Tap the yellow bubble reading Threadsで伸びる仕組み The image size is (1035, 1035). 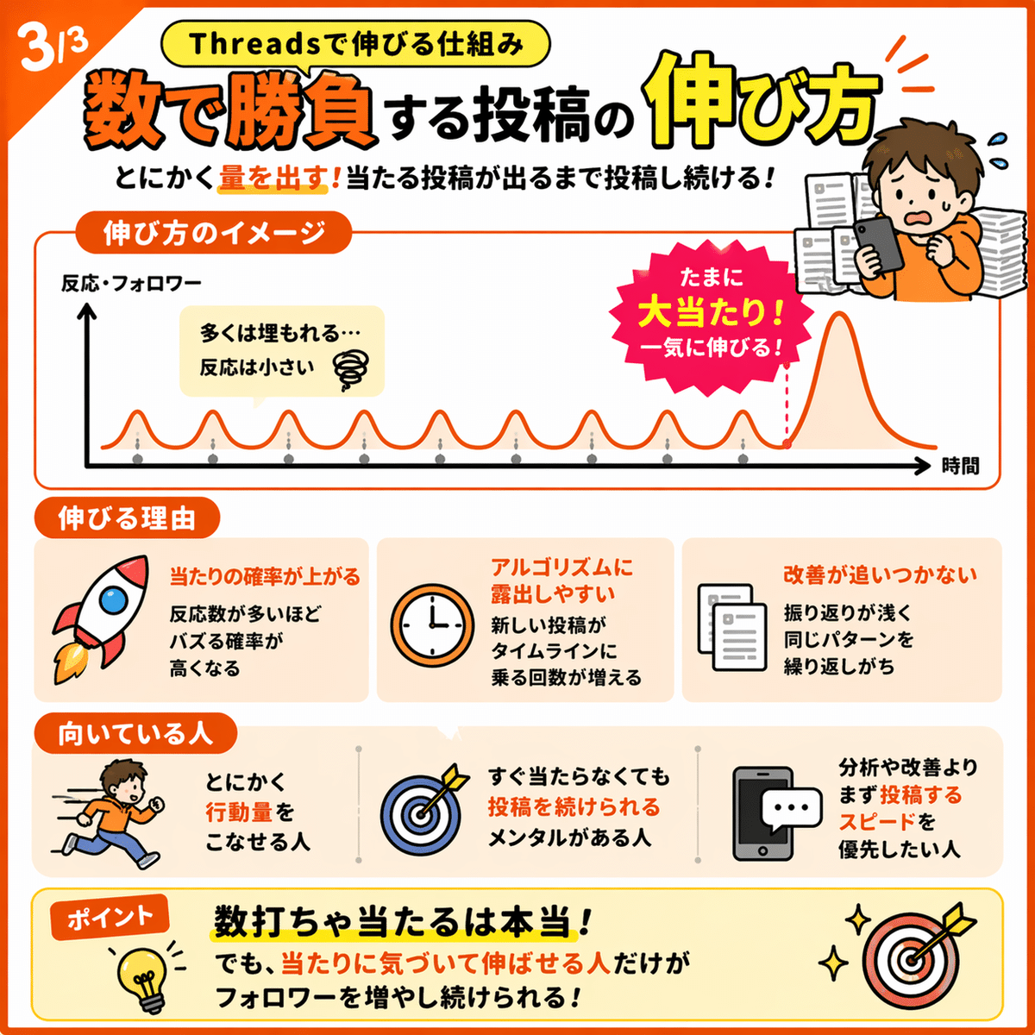click(x=355, y=44)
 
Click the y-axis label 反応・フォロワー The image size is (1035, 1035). click(x=131, y=283)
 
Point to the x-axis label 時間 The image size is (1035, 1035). click(x=960, y=466)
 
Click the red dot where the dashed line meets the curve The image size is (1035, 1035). click(x=787, y=443)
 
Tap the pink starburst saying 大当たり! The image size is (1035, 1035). click(x=711, y=317)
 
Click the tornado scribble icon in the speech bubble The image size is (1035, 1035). click(x=351, y=369)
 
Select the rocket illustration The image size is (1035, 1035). click(x=101, y=618)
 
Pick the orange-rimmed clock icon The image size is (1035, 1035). click(x=432, y=625)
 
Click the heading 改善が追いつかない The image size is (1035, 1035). click(x=879, y=574)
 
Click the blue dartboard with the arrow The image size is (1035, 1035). click(x=424, y=809)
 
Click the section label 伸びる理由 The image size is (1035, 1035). click(x=127, y=518)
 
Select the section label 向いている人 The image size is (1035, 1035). click(x=135, y=734)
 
